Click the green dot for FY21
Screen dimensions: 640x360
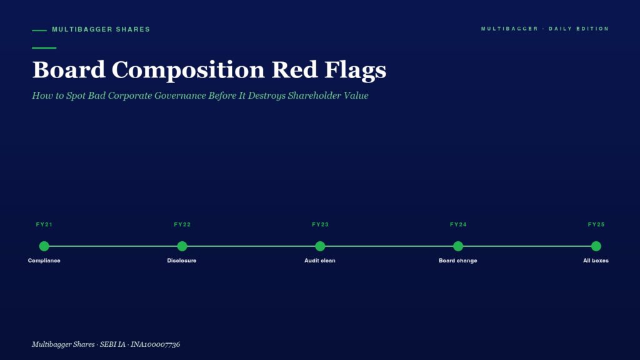44,246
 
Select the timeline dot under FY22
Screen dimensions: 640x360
182,246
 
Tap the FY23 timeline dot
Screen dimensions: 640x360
320,246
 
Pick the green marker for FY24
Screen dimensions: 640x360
458,246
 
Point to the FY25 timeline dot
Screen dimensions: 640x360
596,246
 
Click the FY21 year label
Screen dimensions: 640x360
44,224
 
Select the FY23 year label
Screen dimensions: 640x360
320,224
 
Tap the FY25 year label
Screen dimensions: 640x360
596,224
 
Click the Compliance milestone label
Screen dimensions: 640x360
44,261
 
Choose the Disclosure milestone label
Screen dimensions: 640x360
182,261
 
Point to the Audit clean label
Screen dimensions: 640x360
320,261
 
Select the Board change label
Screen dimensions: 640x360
458,261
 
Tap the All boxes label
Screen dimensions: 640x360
596,261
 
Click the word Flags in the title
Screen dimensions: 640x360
355,70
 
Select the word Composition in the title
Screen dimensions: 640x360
188,70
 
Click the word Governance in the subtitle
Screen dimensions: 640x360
180,96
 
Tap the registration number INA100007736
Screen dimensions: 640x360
155,344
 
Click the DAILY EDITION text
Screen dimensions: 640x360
579,29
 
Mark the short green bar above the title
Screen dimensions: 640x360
44,47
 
